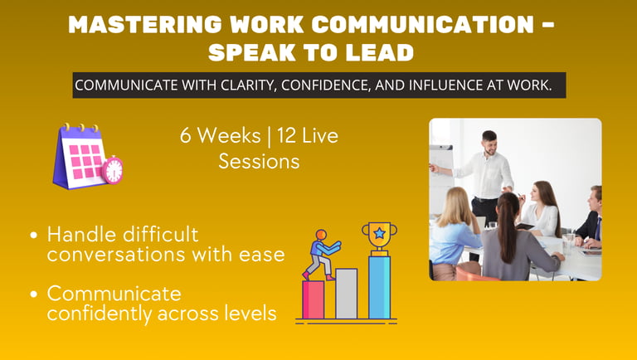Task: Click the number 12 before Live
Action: coord(287,136)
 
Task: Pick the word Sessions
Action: coord(259,162)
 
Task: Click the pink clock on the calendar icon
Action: coord(113,171)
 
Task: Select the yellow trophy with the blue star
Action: coord(379,239)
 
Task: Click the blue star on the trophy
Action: coord(379,233)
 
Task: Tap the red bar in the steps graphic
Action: coord(314,299)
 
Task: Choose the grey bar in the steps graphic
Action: coord(347,294)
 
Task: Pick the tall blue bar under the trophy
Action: coord(379,287)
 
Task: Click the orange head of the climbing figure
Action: coord(321,235)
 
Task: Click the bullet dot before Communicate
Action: coord(34,294)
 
